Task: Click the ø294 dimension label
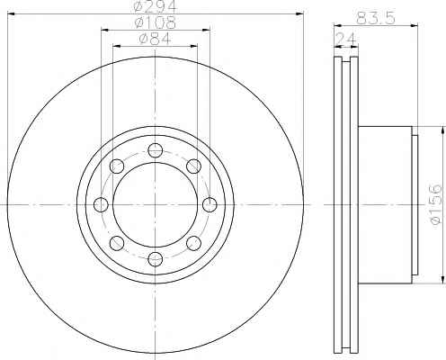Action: coord(155,6)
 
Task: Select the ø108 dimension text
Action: coord(155,22)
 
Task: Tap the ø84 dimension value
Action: coord(155,39)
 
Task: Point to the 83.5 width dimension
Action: coord(376,18)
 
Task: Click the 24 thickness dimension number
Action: coord(346,39)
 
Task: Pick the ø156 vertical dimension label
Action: coord(436,203)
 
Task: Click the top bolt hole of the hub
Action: coord(155,150)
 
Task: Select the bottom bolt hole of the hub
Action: coord(155,259)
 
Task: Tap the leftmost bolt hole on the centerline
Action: coord(101,205)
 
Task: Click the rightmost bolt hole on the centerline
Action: coord(210,205)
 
